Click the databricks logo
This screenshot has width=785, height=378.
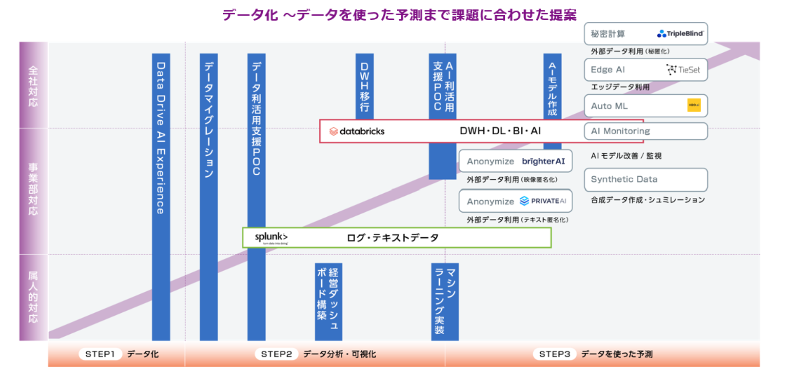357,131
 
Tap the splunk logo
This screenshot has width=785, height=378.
271,238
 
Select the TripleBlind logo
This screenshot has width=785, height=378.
680,34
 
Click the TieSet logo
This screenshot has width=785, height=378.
683,70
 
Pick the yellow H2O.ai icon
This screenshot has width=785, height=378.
694,105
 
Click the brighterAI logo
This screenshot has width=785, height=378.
543,161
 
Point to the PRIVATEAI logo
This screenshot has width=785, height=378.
543,201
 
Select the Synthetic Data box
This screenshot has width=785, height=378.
645,180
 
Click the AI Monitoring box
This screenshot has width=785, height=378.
645,131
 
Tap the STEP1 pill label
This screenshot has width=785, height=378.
100,354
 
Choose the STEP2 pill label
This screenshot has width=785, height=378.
276,354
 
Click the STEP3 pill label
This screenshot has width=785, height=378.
554,354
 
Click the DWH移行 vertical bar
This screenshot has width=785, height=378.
364,86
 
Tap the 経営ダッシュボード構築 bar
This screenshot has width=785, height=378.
328,301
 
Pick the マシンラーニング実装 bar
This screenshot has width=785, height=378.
445,301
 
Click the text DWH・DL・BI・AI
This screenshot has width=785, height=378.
500,131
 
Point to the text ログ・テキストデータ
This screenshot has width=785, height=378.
392,238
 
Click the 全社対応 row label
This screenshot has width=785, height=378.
33,85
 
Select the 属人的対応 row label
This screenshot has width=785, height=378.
33,297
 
